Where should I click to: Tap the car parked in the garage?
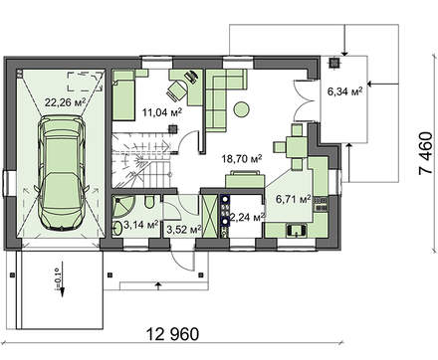[x=62, y=173]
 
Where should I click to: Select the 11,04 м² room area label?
[x=162, y=112]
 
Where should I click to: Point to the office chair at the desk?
[x=177, y=90]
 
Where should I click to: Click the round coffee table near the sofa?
[x=242, y=109]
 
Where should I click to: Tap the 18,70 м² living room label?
[x=242, y=159]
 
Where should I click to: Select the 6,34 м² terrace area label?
[x=344, y=91]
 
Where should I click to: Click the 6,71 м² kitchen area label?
[x=294, y=199]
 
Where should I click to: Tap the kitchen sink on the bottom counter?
[x=298, y=230]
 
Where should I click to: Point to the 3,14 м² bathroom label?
[x=140, y=225]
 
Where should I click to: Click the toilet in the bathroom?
[x=149, y=202]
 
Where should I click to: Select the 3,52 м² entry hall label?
[x=184, y=230]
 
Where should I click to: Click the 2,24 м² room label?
[x=248, y=217]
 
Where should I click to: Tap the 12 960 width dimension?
[x=172, y=334]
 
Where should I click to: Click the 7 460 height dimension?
[x=426, y=153]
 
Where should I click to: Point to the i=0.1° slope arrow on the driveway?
[x=62, y=279]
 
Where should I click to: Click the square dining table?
[x=297, y=146]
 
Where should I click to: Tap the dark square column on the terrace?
[x=334, y=63]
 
